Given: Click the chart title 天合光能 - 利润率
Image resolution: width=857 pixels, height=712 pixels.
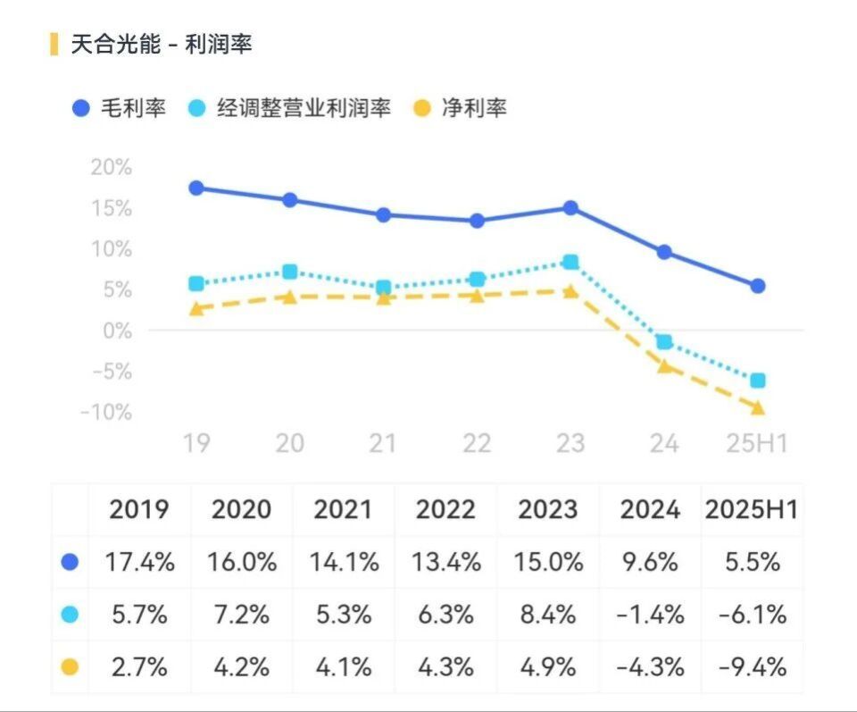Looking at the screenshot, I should tap(162, 44).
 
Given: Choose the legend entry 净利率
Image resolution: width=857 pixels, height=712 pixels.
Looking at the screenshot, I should tap(473, 108).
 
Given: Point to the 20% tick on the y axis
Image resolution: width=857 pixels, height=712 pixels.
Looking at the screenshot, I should tap(111, 167).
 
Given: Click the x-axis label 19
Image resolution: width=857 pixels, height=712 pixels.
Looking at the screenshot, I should tap(196, 442).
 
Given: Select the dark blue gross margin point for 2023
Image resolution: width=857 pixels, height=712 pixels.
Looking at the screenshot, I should tap(570, 208).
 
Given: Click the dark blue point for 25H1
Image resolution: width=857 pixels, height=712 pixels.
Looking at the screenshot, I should tap(757, 286).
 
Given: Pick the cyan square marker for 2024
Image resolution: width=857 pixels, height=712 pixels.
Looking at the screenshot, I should tap(663, 342).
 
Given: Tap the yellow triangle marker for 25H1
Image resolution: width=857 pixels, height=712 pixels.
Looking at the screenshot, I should tap(757, 407).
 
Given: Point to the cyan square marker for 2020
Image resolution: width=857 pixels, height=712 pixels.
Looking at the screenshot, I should tap(289, 272).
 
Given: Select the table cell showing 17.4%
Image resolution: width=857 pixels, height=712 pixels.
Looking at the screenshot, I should tap(139, 562).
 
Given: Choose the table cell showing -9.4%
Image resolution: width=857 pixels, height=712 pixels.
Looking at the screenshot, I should tap(752, 666).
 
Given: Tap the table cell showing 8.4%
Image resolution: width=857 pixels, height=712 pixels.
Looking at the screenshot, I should tap(548, 614).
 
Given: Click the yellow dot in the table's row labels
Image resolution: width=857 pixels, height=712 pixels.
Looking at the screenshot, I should tap(70, 666).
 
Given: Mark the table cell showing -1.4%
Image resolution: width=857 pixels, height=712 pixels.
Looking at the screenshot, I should tap(651, 614).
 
